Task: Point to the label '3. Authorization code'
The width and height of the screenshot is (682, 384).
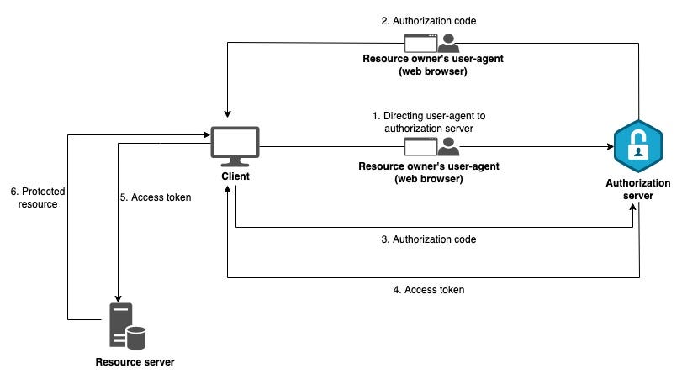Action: pyautogui.click(x=429, y=239)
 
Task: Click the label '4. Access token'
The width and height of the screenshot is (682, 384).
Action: pyautogui.click(x=429, y=290)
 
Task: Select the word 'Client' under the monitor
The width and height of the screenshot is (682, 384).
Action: pyautogui.click(x=235, y=178)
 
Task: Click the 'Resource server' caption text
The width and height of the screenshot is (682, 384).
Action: pyautogui.click(x=134, y=362)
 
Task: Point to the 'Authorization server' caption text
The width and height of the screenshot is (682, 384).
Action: pyautogui.click(x=638, y=189)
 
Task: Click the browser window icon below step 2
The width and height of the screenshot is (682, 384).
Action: pyautogui.click(x=420, y=43)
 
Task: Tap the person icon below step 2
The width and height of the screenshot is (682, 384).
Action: pyautogui.click(x=449, y=43)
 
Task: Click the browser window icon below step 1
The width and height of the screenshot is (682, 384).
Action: pyautogui.click(x=420, y=147)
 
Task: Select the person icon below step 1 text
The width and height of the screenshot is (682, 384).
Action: pyautogui.click(x=449, y=147)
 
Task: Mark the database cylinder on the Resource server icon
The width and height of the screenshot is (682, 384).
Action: pyautogui.click(x=135, y=338)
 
